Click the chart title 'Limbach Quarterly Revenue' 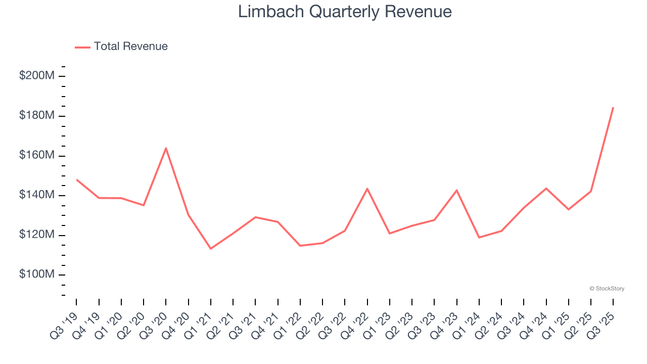coord(345,11)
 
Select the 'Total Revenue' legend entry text coord(130,47)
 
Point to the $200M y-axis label coord(37,76)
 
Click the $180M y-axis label coord(37,116)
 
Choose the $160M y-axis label coord(37,155)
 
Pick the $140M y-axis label coord(37,195)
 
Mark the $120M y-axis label coord(37,235)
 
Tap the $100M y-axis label coord(37,275)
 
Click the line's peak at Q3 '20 coord(166,148)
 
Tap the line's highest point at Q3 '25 coord(613,107)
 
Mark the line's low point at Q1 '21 coord(210,248)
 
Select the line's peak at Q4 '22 coord(367,189)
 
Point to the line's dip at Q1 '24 coord(479,237)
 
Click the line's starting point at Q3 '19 coord(77,179)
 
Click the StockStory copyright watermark coord(607,289)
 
